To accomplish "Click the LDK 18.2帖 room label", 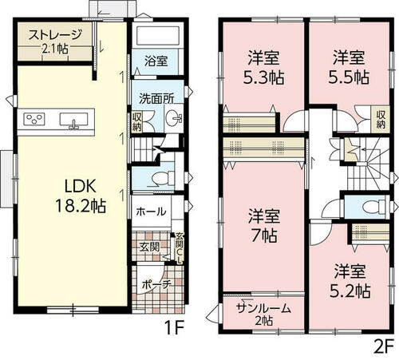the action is pyautogui.click(x=81, y=196).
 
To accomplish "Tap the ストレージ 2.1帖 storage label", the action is pyautogui.click(x=55, y=42).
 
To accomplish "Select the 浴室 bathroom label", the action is pyautogui.click(x=156, y=61).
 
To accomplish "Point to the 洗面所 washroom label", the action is pyautogui.click(x=157, y=99).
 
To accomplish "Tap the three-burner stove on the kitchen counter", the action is pyautogui.click(x=34, y=119).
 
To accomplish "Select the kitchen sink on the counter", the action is pyautogui.click(x=73, y=121).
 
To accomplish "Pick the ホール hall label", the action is pyautogui.click(x=151, y=212).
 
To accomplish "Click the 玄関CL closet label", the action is pyautogui.click(x=180, y=248).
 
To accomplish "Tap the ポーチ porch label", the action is pyautogui.click(x=156, y=285).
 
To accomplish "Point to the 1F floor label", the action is pyautogui.click(x=174, y=328).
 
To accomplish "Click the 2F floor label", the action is pyautogui.click(x=384, y=346).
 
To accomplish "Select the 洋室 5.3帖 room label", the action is pyautogui.click(x=263, y=67).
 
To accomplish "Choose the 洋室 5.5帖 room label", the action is pyautogui.click(x=349, y=67).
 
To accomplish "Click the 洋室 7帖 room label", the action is pyautogui.click(x=264, y=226).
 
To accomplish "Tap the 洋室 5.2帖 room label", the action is pyautogui.click(x=350, y=281).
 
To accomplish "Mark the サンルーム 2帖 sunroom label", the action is pyautogui.click(x=263, y=315).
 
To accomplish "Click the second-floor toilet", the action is pyautogui.click(x=374, y=207).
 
